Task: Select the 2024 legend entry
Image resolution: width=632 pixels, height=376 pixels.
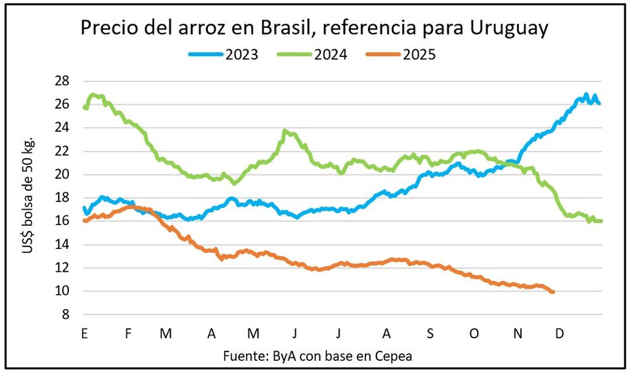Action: (312, 54)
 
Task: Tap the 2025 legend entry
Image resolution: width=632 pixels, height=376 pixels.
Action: (401, 54)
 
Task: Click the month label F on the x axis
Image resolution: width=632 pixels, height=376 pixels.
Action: (128, 332)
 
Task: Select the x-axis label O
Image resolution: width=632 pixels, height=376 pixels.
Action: (474, 332)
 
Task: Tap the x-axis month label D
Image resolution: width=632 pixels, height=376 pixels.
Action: (559, 332)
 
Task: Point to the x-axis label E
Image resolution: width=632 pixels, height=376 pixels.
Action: (84, 332)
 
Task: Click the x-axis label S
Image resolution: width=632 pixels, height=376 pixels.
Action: (430, 332)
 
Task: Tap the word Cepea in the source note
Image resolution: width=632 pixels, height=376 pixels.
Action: (393, 356)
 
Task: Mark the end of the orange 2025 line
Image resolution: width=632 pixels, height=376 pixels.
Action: (554, 292)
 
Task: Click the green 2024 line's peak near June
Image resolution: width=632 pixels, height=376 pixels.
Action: (286, 131)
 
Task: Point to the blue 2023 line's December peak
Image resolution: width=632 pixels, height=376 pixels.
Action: (586, 95)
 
